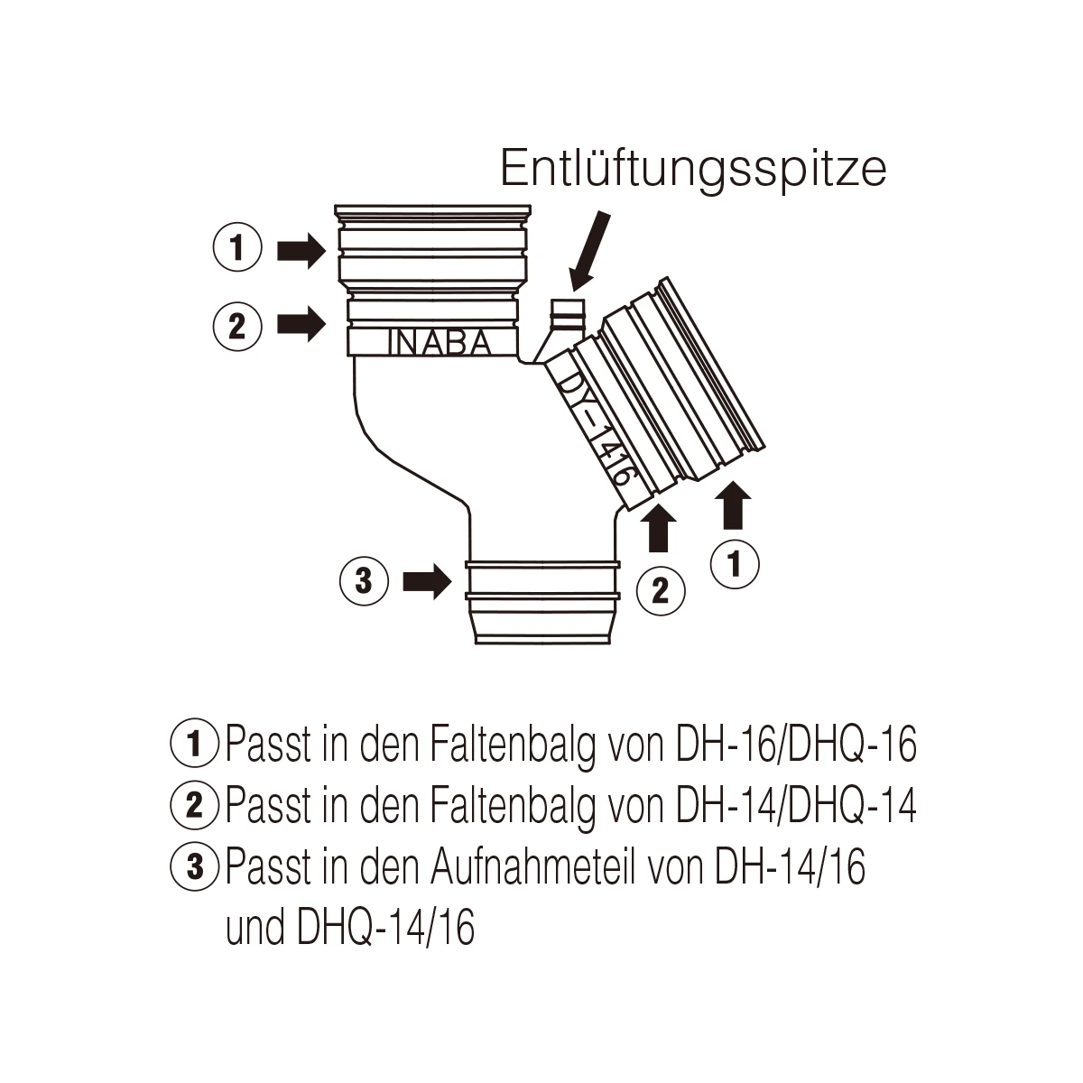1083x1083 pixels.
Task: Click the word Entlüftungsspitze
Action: (x=693, y=169)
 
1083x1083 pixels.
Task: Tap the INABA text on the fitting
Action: (x=440, y=342)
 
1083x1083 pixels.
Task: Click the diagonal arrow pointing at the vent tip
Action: (x=590, y=251)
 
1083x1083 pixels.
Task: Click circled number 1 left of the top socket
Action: (x=237, y=247)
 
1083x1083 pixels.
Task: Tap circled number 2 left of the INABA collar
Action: (x=237, y=326)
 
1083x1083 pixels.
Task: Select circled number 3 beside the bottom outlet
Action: (x=364, y=580)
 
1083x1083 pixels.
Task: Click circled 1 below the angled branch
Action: (x=735, y=564)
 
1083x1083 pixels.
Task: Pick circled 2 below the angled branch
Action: (x=661, y=590)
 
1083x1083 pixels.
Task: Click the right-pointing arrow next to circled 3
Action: (x=428, y=581)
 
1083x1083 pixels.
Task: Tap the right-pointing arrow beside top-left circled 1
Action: (x=301, y=251)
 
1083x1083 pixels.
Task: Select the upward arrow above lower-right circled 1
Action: (x=733, y=505)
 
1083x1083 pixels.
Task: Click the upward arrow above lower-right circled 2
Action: (x=659, y=528)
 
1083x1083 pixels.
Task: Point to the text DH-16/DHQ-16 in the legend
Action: (x=796, y=744)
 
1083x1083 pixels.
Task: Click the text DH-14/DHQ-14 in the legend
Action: (x=796, y=805)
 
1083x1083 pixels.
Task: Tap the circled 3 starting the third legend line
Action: (x=194, y=866)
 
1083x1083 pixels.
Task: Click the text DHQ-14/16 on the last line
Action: (x=385, y=928)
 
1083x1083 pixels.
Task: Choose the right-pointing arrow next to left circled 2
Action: (x=301, y=324)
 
